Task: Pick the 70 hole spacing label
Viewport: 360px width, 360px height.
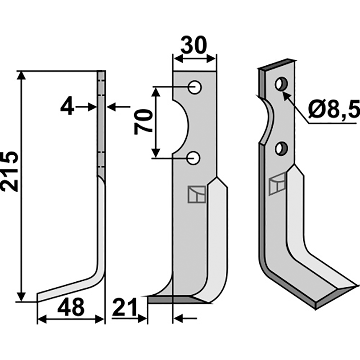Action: (x=144, y=121)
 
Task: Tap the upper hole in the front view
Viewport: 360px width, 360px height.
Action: (x=195, y=87)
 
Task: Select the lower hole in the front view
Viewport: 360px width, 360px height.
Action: (x=195, y=157)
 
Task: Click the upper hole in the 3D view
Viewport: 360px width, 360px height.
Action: (x=281, y=84)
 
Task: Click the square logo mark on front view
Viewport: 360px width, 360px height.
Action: (x=197, y=194)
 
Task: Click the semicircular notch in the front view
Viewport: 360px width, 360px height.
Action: (x=180, y=121)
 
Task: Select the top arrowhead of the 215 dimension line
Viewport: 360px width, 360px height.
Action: (x=21, y=75)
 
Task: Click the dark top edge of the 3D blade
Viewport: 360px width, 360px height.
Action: (x=277, y=64)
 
